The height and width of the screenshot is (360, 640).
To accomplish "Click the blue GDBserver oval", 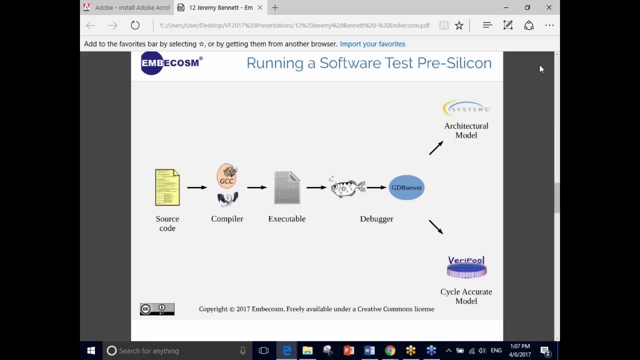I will click(406, 187).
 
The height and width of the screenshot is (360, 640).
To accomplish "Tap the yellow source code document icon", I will click(167, 187).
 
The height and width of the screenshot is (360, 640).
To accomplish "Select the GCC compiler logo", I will click(227, 176).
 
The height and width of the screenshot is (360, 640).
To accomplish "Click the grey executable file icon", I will click(287, 187).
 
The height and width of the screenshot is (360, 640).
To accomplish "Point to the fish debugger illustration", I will click(347, 188).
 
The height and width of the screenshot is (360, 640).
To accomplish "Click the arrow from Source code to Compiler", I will click(197, 187).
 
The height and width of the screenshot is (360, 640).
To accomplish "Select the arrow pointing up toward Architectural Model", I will click(436, 148).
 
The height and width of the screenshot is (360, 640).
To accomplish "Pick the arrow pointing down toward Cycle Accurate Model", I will click(436, 226).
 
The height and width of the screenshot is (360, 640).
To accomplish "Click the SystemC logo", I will click(466, 108).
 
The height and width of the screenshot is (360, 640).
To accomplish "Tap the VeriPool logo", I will click(466, 267).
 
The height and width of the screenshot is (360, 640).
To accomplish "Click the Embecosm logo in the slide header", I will click(171, 63).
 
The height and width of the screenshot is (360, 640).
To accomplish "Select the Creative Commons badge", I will click(157, 309).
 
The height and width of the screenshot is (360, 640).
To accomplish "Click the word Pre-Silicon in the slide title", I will click(454, 63).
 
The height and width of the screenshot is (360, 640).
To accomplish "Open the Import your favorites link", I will click(372, 44).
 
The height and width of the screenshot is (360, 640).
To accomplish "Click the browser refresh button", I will click(135, 25).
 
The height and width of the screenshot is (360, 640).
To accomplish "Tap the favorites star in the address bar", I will click(459, 25).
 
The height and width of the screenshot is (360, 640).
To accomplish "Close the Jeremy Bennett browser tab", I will click(260, 7).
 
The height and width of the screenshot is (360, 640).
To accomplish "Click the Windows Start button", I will click(91, 351).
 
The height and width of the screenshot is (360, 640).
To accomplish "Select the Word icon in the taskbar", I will click(369, 351).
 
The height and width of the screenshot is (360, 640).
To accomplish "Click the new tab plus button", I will click(275, 7).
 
